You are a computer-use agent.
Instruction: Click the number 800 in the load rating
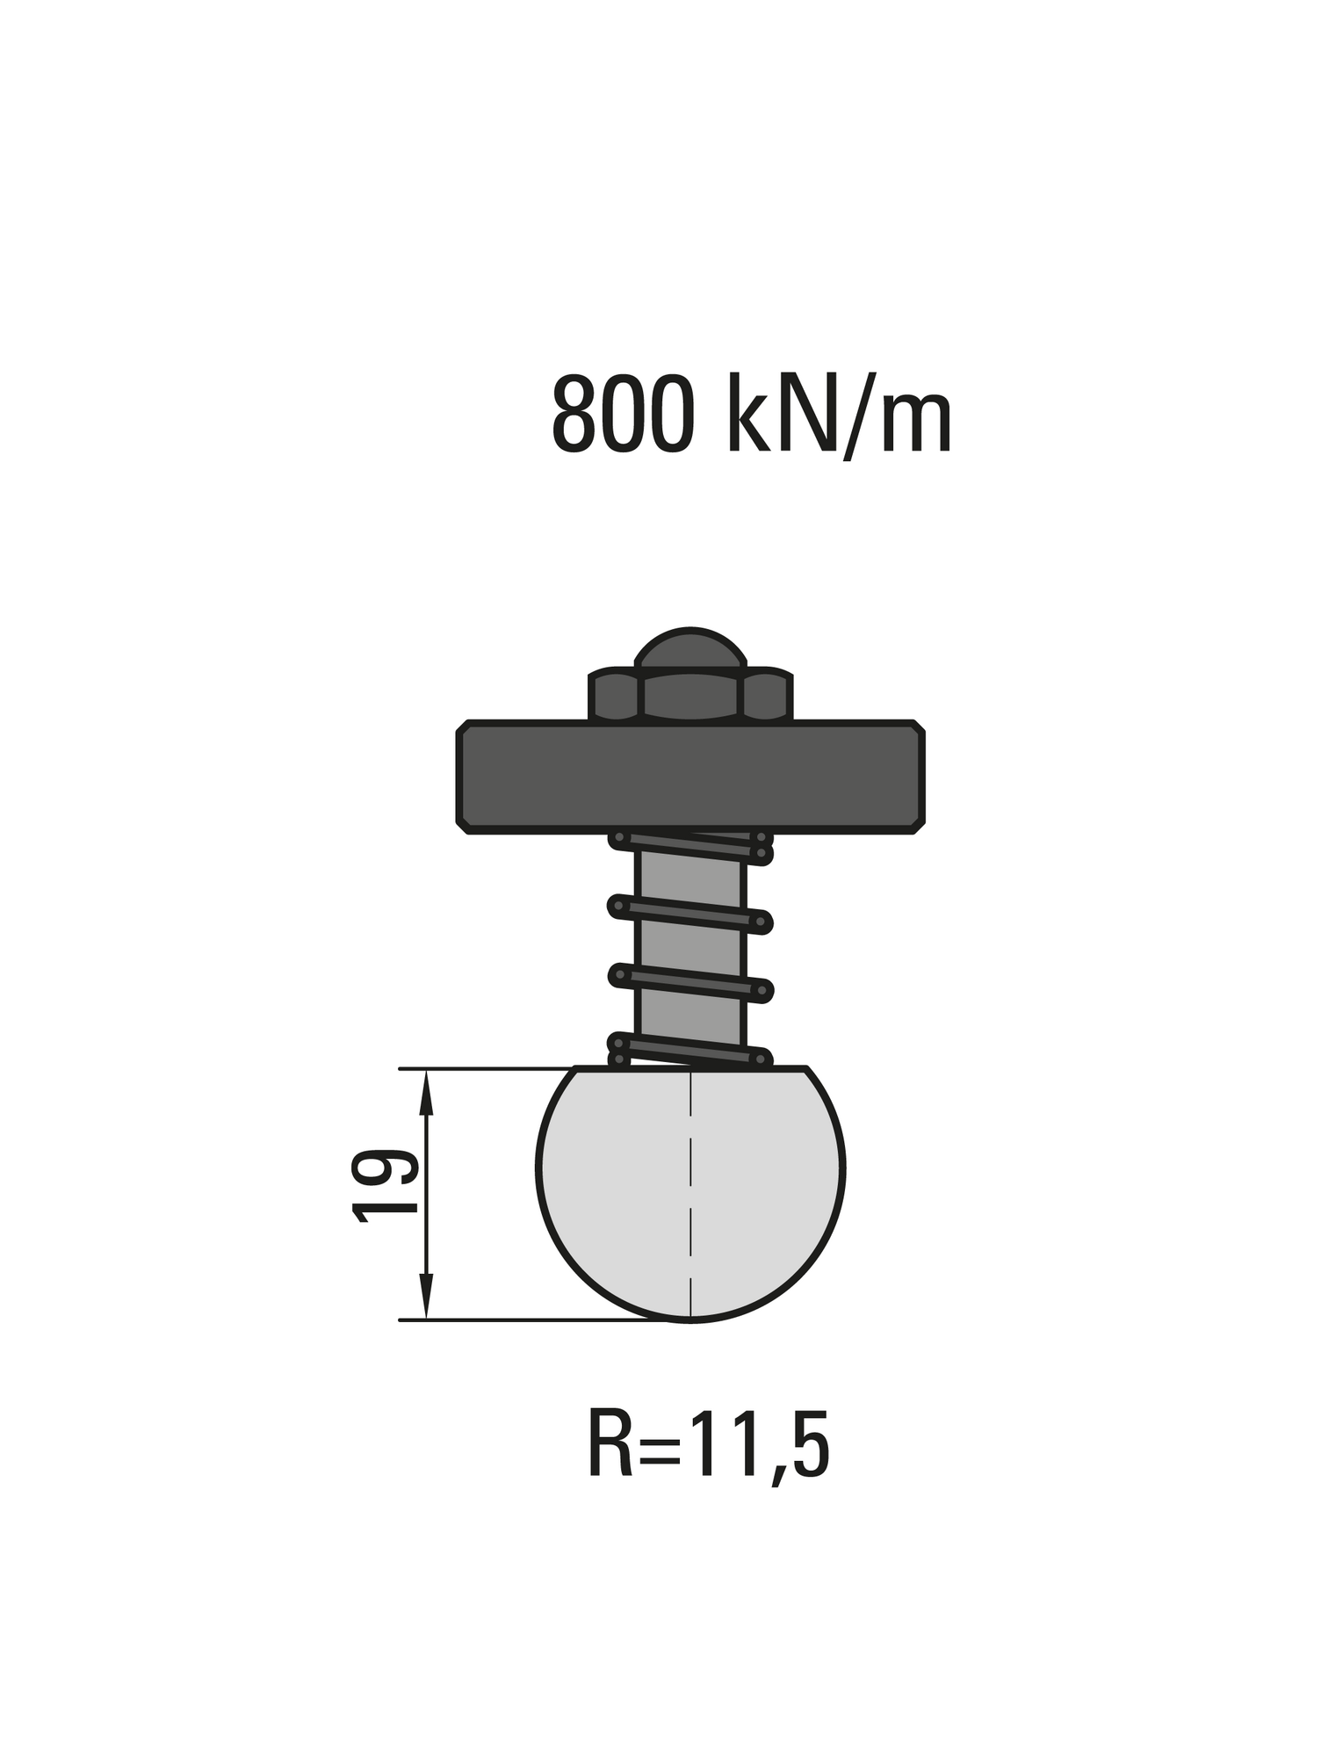pos(623,414)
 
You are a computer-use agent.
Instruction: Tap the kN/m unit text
pos(839,414)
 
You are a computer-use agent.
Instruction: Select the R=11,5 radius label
pos(708,1444)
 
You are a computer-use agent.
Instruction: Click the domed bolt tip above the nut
pos(690,648)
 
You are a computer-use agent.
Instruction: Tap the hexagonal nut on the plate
pos(690,696)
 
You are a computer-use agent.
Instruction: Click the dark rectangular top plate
pos(690,777)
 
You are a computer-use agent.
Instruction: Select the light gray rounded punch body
pos(615,1195)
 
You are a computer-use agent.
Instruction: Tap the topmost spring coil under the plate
pos(690,847)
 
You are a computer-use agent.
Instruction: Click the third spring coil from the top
pos(690,981)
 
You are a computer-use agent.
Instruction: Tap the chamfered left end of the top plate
pos(463,777)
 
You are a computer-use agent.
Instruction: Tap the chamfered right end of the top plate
pos(919,777)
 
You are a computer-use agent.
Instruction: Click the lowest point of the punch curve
pos(691,1320)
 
